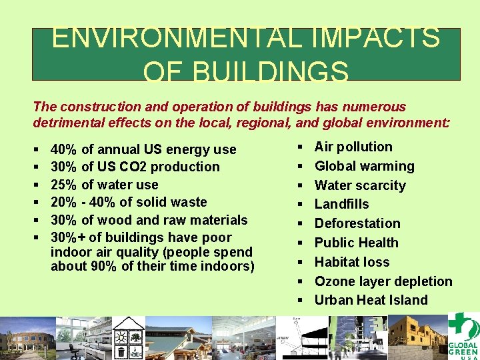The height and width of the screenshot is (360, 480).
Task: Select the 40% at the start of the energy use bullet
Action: pos(63,149)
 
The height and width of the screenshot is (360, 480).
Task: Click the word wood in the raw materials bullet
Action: pos(112,220)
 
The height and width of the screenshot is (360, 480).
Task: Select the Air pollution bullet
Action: pos(353,147)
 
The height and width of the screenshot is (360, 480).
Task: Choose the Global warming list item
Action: pos(364,166)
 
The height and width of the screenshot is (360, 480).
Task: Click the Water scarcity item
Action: pos(360,185)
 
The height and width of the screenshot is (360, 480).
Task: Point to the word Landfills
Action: pos(341,204)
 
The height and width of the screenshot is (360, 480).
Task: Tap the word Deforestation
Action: pos(357,223)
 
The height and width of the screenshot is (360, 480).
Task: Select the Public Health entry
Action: pos(356,243)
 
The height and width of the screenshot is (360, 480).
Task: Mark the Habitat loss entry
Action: pos(351,262)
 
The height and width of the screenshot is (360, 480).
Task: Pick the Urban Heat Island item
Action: pos(371,300)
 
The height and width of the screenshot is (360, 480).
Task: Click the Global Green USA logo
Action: pos(462,335)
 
